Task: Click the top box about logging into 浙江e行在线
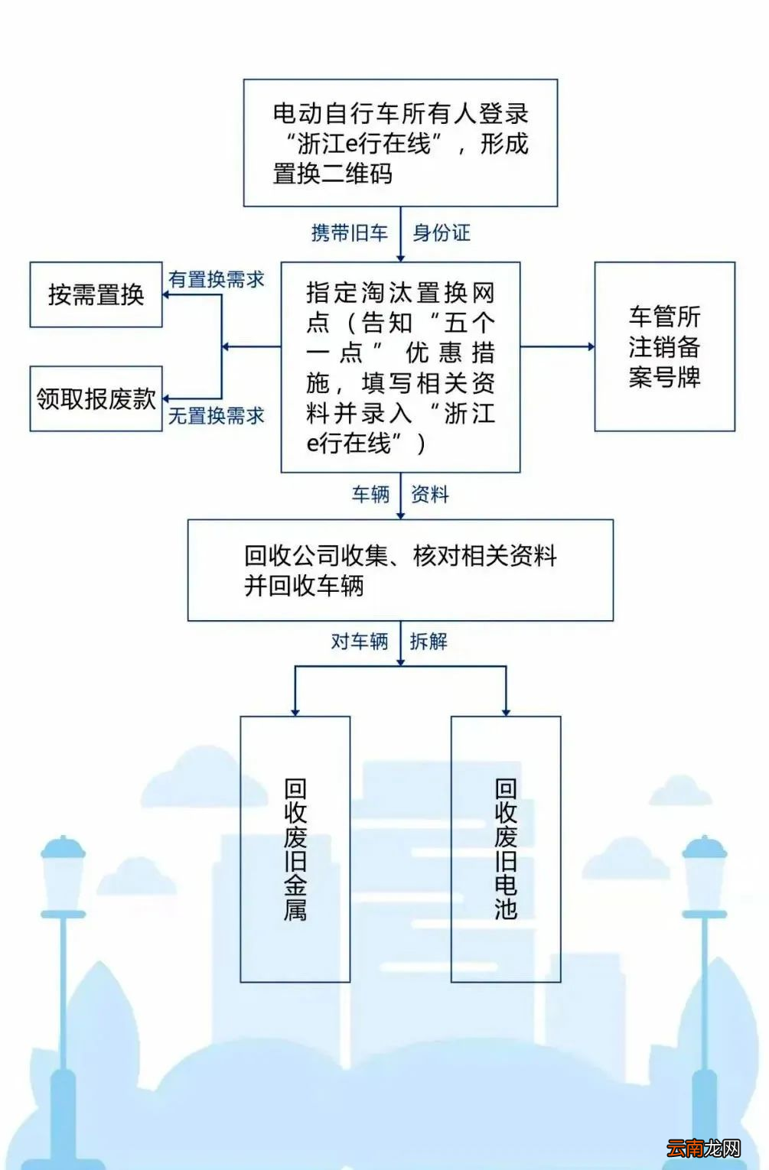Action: [x=400, y=143]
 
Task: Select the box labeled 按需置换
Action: [x=96, y=294]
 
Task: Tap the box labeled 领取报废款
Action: [x=96, y=398]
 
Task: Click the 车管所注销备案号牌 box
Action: [x=664, y=346]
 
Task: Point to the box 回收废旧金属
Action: [x=295, y=849]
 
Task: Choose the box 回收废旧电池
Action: [x=506, y=849]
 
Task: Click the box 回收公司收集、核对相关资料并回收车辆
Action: [x=400, y=570]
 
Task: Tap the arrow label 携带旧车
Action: [x=350, y=233]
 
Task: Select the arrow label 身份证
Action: [x=442, y=233]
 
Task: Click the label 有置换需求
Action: [x=217, y=280]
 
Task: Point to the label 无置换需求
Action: [x=217, y=416]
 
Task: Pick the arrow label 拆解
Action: [x=428, y=641]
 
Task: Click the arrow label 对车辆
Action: [x=360, y=641]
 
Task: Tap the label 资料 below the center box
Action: [x=430, y=495]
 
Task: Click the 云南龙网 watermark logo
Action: [x=703, y=1148]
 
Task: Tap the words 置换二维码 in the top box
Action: [x=333, y=174]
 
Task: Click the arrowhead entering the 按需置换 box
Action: [x=166, y=294]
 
